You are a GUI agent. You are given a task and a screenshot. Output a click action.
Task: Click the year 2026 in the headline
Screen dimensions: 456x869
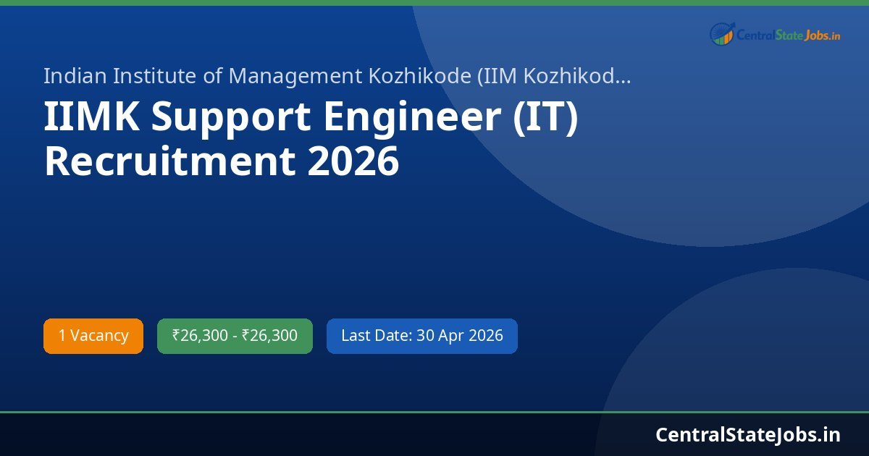(353, 161)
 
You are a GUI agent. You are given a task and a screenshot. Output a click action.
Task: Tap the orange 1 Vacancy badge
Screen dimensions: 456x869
(93, 336)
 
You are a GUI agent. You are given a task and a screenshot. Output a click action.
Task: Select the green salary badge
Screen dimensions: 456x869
(235, 336)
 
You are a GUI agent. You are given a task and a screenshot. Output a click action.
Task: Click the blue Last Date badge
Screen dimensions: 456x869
(422, 336)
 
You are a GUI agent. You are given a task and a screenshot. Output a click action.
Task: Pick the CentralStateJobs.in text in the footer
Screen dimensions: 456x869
(748, 434)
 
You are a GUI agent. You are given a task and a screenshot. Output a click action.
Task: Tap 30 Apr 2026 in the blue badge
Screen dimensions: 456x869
(460, 336)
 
